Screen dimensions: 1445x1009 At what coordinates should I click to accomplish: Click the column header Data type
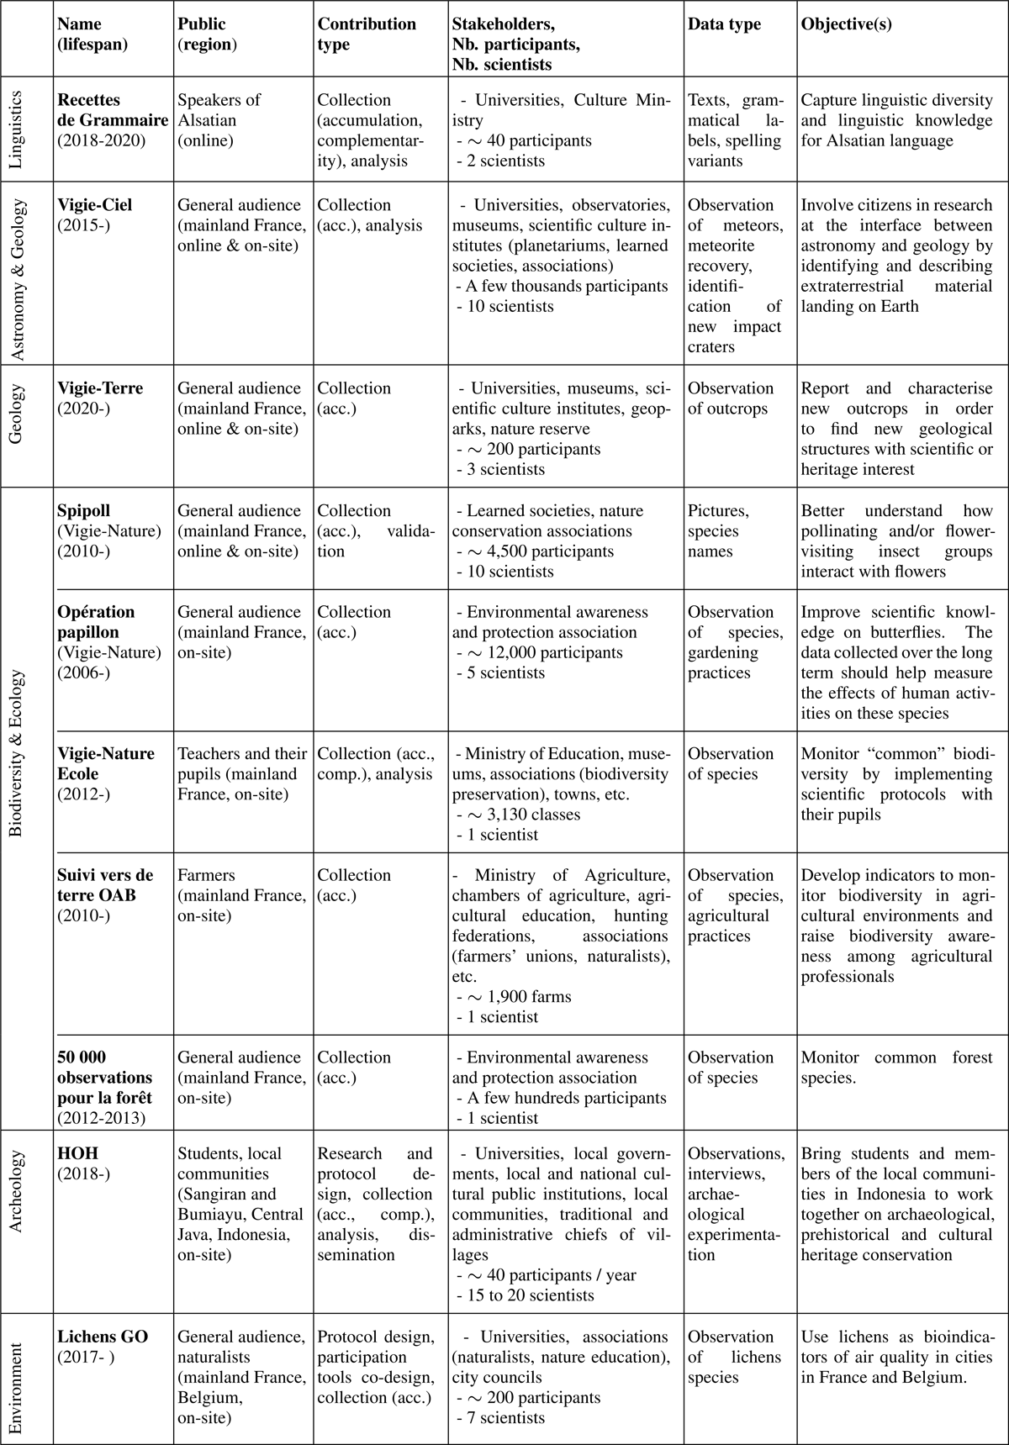[x=724, y=24]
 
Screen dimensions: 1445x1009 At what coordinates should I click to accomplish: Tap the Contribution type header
[x=367, y=34]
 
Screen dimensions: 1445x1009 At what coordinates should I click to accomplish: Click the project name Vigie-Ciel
[x=95, y=205]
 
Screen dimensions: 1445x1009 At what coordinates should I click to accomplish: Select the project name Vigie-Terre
[x=100, y=388]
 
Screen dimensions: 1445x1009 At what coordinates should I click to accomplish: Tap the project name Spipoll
[x=84, y=511]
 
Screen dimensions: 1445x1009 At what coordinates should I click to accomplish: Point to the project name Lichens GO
[x=103, y=1337]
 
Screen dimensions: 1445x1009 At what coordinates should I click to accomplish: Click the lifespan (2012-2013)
[x=101, y=1118]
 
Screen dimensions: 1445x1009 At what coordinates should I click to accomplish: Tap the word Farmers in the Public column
[x=206, y=875]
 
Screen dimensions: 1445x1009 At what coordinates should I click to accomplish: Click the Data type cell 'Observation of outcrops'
[x=730, y=398]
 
